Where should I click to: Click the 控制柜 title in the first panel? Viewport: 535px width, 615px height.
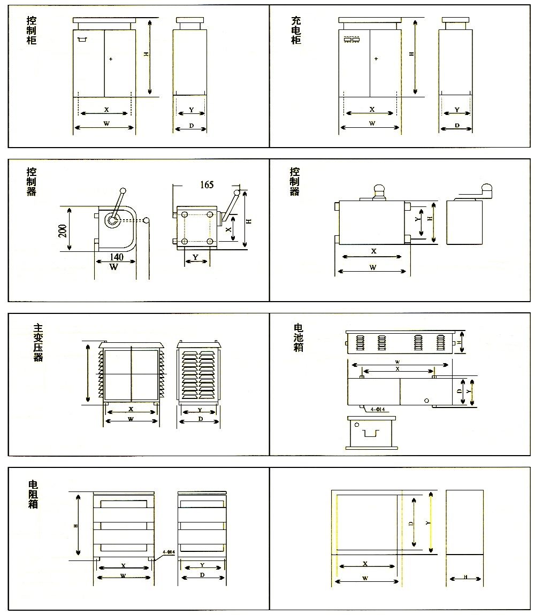pyautogui.click(x=32, y=30)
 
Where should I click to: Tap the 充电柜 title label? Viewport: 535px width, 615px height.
pyautogui.click(x=296, y=30)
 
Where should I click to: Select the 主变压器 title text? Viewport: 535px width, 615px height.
pyautogui.click(x=38, y=343)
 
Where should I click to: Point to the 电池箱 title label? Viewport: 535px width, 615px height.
pyautogui.click(x=299, y=337)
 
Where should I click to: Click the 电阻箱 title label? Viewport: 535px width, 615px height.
pyautogui.click(x=33, y=494)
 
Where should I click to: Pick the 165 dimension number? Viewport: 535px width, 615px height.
pyautogui.click(x=207, y=184)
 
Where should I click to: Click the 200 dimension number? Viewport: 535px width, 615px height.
pyautogui.click(x=62, y=229)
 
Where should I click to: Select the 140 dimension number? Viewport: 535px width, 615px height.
pyautogui.click(x=116, y=257)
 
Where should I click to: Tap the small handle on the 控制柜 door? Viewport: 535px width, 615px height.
pyautogui.click(x=82, y=40)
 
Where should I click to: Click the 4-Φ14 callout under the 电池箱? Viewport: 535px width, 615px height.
pyautogui.click(x=378, y=410)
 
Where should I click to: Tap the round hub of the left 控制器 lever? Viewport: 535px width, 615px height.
pyautogui.click(x=112, y=220)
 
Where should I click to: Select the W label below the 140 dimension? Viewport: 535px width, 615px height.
pyautogui.click(x=113, y=267)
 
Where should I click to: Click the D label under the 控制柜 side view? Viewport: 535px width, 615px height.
pyautogui.click(x=192, y=126)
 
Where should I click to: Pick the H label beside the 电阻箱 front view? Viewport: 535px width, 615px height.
pyautogui.click(x=76, y=526)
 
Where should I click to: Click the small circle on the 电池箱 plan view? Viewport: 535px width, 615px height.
pyautogui.click(x=426, y=401)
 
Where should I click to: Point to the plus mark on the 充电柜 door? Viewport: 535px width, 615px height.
pyautogui.click(x=376, y=58)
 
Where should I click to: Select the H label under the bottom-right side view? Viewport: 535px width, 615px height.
pyautogui.click(x=465, y=577)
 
